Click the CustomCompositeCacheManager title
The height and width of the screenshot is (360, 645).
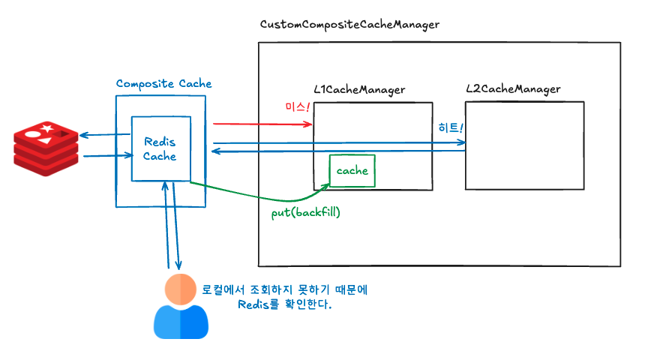349,25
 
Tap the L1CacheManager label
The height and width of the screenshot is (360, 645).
359,89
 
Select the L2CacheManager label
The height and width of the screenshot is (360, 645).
513,89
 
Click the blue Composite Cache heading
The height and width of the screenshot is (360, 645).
163,83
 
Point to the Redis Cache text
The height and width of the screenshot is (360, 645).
160,148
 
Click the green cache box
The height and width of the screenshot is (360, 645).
352,171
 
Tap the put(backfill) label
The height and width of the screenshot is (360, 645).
306,213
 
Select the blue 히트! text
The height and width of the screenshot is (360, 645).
451,128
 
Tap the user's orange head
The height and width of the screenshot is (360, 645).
181,289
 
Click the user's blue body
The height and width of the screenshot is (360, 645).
181,322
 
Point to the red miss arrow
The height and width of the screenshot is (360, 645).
262,124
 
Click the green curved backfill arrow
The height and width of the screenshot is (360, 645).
255,196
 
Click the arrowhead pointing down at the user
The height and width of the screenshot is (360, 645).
178,265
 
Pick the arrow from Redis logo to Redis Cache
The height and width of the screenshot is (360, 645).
105,156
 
